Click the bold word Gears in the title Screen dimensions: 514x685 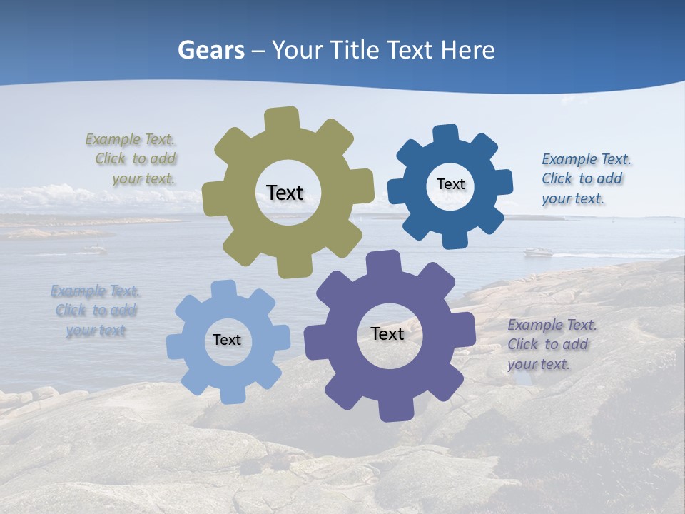(x=211, y=50)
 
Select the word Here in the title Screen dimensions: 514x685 (x=468, y=50)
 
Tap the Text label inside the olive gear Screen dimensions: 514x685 (x=285, y=193)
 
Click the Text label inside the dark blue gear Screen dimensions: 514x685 (x=450, y=184)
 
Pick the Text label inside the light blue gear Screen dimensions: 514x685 (x=227, y=341)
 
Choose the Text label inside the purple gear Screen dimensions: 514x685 (x=387, y=333)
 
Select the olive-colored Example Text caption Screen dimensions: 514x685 (x=136, y=158)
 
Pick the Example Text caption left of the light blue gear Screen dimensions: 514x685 (x=96, y=311)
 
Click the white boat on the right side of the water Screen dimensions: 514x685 (x=539, y=251)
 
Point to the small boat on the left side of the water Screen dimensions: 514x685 (x=93, y=249)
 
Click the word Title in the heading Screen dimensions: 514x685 (x=355, y=50)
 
